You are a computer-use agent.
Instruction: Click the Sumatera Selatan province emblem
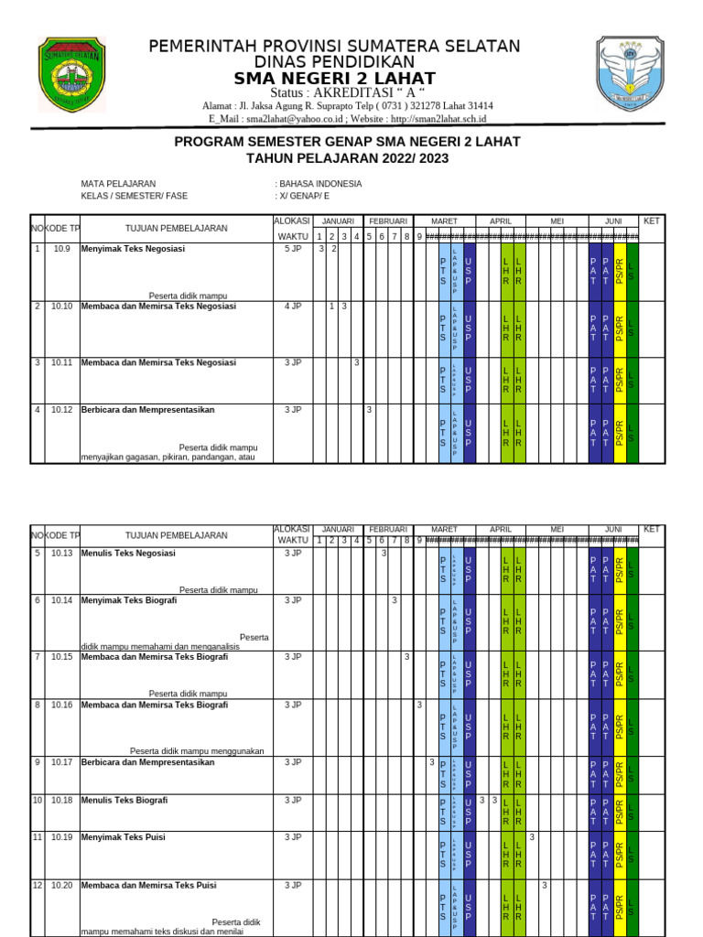(72, 76)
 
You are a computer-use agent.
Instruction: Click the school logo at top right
(627, 76)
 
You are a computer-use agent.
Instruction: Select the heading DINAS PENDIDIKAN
(334, 61)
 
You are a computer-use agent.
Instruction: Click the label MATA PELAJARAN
(118, 183)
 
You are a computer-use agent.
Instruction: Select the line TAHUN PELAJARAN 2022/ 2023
(347, 158)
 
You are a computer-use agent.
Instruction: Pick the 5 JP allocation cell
(292, 249)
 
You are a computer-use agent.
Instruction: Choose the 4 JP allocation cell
(292, 306)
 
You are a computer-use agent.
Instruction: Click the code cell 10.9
(61, 249)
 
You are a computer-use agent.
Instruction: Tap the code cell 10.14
(61, 600)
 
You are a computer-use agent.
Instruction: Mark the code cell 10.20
(61, 886)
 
